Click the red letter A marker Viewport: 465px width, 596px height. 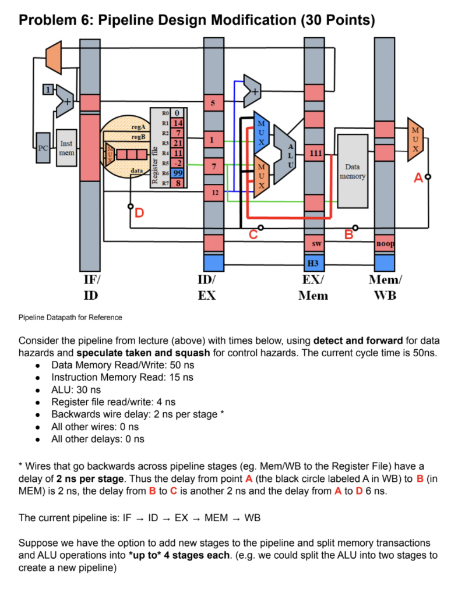pos(418,178)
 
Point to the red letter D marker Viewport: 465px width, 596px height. pos(139,214)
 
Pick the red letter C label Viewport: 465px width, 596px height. pos(253,235)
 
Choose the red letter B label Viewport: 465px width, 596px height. pos(348,235)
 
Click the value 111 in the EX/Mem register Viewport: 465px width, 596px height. pos(314,153)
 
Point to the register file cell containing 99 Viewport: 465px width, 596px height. pos(178,173)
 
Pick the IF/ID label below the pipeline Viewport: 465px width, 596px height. pos(90,288)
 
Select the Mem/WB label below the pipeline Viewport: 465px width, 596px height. pos(385,288)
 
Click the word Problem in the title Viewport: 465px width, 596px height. pos(55,20)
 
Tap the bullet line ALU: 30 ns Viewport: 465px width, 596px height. pos(76,389)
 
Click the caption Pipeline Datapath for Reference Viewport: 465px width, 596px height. pos(71,317)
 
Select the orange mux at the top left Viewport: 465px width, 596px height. pos(54,58)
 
